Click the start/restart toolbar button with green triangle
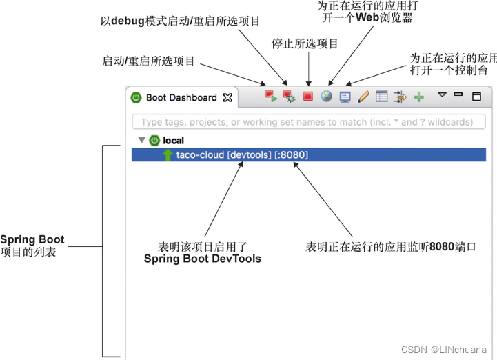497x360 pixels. point(271,97)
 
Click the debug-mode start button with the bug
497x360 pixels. point(290,97)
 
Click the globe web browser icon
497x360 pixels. point(327,97)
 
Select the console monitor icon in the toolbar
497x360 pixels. point(345,97)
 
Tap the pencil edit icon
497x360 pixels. point(363,97)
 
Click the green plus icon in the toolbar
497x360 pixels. point(418,97)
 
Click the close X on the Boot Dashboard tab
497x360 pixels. point(227,98)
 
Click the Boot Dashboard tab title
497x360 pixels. point(181,98)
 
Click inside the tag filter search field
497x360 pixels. point(307,122)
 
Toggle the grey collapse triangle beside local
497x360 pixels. point(142,140)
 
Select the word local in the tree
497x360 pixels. point(173,140)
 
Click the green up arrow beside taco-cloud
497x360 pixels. point(168,154)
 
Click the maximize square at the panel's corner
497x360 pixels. point(476,97)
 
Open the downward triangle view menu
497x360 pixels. point(443,95)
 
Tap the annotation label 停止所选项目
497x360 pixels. point(305,43)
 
